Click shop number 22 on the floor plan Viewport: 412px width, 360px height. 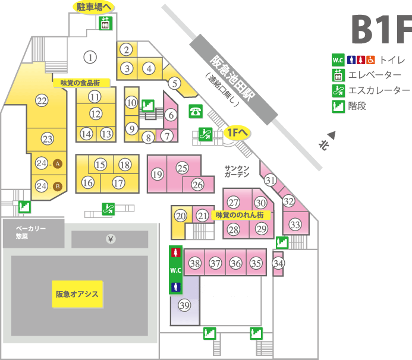tap(42, 100)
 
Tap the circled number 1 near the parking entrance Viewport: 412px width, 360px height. tap(90, 57)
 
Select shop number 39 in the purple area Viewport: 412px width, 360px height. tap(184, 305)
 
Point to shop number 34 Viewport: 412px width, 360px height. tap(278, 263)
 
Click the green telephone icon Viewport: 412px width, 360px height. tap(196, 111)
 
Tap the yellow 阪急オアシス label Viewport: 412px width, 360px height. tap(77, 294)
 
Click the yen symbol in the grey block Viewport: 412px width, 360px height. tap(111, 239)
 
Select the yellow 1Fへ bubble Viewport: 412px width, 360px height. tap(237, 132)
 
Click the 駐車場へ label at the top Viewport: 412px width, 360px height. tap(93, 7)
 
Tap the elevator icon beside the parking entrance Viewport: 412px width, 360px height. tap(105, 23)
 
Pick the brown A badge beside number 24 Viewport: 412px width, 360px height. tap(58, 164)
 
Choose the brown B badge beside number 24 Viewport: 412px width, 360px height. tap(58, 187)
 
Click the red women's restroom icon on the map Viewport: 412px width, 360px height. tap(176, 252)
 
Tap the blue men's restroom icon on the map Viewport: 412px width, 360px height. tap(176, 287)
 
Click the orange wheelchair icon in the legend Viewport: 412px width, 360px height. tap(370, 60)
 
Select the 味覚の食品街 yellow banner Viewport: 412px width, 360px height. tap(81, 83)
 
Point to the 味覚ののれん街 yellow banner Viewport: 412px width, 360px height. tap(240, 215)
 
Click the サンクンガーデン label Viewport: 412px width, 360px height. tap(237, 171)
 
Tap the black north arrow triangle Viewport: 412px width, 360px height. tap(332, 135)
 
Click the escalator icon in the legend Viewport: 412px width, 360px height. tap(338, 90)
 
